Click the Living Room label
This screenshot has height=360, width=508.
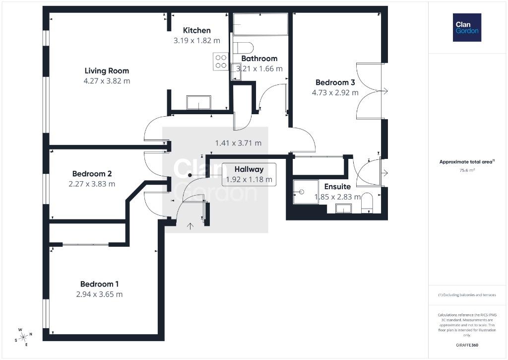coord(107,71)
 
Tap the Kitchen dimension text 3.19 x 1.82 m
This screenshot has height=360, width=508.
coord(196,41)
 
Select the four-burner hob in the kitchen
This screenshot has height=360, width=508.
coord(221,61)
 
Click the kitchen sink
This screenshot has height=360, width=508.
coord(198,102)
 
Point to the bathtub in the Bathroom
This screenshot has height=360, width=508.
coord(260,24)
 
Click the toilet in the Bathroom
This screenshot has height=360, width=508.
coord(243,47)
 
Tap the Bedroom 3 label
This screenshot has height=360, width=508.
coord(335,82)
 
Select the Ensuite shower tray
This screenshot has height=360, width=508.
coord(306,192)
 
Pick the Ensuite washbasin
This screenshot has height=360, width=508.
coord(343,209)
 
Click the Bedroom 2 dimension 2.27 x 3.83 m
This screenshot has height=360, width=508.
coord(92,184)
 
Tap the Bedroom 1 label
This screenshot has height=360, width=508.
coord(99,284)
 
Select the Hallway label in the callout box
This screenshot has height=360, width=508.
coord(249,169)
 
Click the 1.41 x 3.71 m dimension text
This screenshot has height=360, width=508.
coord(238,143)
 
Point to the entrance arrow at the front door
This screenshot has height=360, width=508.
coord(190,226)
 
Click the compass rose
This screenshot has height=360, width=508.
coord(23,337)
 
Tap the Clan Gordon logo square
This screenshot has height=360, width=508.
coord(467,28)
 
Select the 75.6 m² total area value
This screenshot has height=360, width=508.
coord(467,170)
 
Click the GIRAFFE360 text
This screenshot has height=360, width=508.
coord(467,345)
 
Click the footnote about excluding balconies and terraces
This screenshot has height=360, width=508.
coord(467,295)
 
